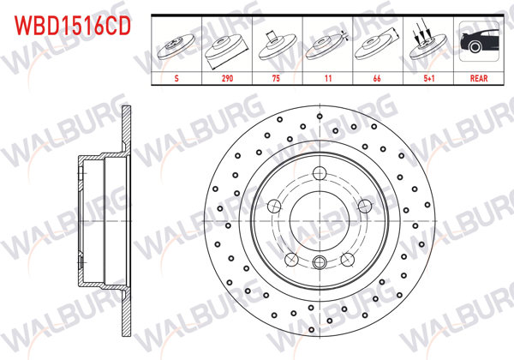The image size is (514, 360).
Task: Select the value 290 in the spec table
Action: pos(226,75)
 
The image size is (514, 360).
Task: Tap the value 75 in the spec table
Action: pos(276,75)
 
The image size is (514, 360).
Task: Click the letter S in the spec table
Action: pos(176,75)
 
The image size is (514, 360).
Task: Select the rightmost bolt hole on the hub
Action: pos(363,205)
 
